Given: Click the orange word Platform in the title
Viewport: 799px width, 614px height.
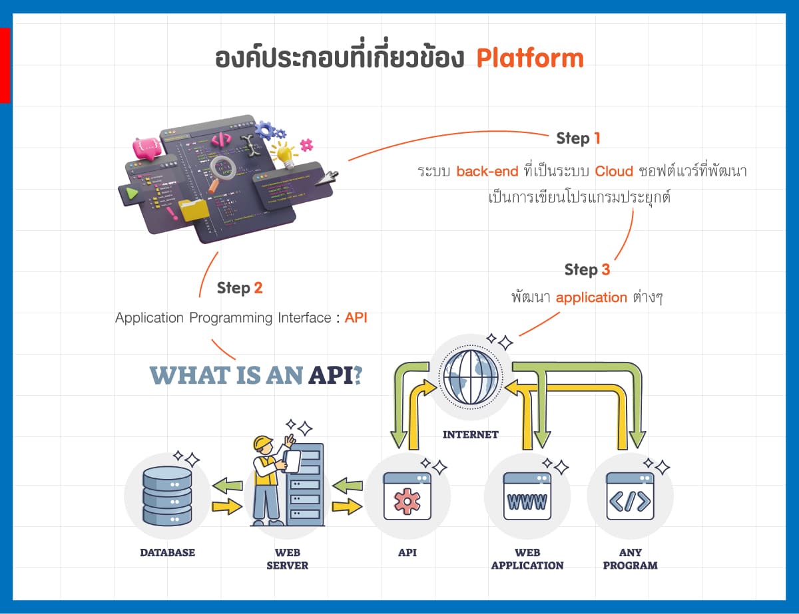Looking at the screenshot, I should tap(530, 59).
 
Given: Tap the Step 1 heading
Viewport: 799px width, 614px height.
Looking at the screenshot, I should tap(578, 138).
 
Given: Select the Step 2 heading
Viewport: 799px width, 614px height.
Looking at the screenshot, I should tap(239, 288).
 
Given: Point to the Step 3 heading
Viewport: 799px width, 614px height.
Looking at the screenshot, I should tap(587, 269).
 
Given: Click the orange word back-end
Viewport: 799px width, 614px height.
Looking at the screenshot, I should tap(487, 171).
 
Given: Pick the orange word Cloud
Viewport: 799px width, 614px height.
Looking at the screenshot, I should tap(614, 171).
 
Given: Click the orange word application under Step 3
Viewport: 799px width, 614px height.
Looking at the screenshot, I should tap(591, 297).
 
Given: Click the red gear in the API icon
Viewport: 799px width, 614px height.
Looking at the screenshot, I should tap(407, 501).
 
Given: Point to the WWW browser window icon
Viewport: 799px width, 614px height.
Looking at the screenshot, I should tap(527, 496).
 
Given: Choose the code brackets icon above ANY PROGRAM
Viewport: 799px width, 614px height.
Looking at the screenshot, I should tap(629, 496).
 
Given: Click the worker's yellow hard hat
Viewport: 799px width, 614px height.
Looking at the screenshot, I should tap(264, 443).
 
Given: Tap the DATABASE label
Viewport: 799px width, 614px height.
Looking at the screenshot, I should tap(167, 552).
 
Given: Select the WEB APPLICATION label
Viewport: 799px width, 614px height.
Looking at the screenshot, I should tap(527, 559).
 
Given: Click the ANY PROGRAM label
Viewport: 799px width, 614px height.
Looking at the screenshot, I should tap(629, 559).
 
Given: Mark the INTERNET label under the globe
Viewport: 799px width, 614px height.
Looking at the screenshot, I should tap(471, 435).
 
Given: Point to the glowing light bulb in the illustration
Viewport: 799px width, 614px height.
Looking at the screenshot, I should tap(285, 154).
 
